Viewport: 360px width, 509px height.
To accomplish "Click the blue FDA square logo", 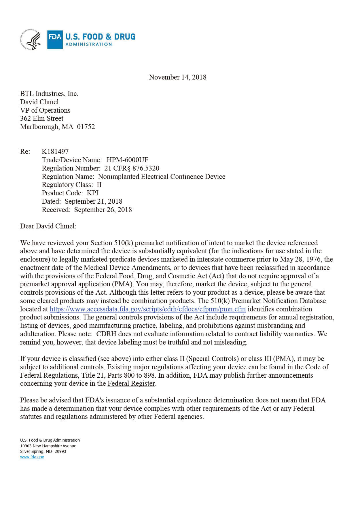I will (x=55, y=39).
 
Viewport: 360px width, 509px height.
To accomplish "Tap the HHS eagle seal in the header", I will (x=31, y=39).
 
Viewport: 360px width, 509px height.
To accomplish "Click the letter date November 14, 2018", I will (x=177, y=77).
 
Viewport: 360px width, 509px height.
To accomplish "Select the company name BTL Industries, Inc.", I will (x=49, y=94).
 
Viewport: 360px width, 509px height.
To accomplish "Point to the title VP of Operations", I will (x=45, y=110).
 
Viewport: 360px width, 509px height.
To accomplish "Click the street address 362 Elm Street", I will (x=41, y=118).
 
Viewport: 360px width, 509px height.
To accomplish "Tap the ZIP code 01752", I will (x=86, y=127).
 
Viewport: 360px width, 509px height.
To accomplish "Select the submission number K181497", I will (x=55, y=152).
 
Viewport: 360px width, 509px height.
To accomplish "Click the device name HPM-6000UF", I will (x=127, y=160).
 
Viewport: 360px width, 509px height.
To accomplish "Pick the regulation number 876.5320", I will (x=146, y=168).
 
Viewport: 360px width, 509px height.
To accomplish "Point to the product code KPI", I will (x=93, y=193).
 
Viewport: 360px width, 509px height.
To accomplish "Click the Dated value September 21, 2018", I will (x=93, y=201).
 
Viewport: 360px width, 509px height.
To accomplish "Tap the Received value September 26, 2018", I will (x=103, y=210).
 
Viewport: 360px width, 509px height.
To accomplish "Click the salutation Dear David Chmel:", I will (x=48, y=226).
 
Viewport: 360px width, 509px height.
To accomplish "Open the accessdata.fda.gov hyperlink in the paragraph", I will (x=147, y=309).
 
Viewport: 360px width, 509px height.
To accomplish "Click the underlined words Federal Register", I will (x=131, y=384).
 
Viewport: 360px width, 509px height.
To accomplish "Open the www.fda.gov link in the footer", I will (x=32, y=457).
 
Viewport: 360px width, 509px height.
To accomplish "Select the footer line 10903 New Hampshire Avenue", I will (x=48, y=446).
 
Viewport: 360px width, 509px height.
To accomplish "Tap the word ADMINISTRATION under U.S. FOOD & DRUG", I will (x=88, y=44).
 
